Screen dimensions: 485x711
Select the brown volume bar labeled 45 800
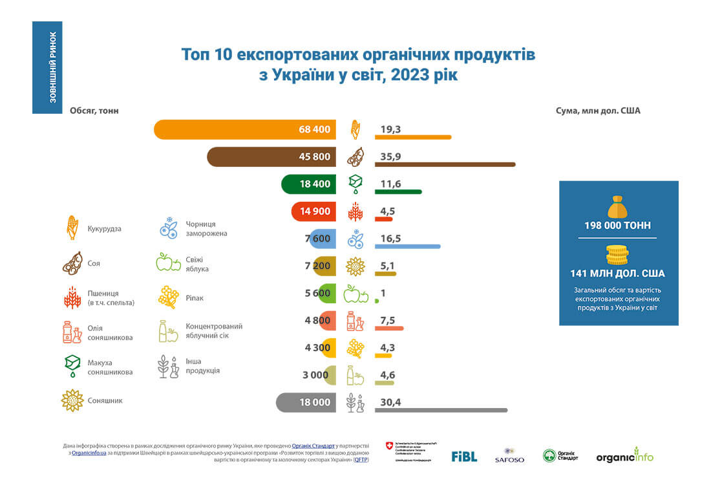[271, 156]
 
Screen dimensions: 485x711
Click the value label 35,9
[390, 156]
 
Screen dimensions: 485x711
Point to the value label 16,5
[390, 239]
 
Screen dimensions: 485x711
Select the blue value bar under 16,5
[407, 246]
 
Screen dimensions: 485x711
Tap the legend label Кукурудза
[105, 229]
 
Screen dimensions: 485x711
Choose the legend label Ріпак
[195, 298]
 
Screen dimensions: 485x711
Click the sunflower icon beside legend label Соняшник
[72, 400]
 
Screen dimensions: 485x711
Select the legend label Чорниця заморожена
[206, 228]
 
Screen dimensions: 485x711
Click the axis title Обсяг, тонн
[94, 111]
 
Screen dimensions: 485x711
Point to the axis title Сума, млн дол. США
[598, 111]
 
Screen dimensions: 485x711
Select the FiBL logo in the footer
[464, 456]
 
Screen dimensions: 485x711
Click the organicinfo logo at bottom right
[624, 456]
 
